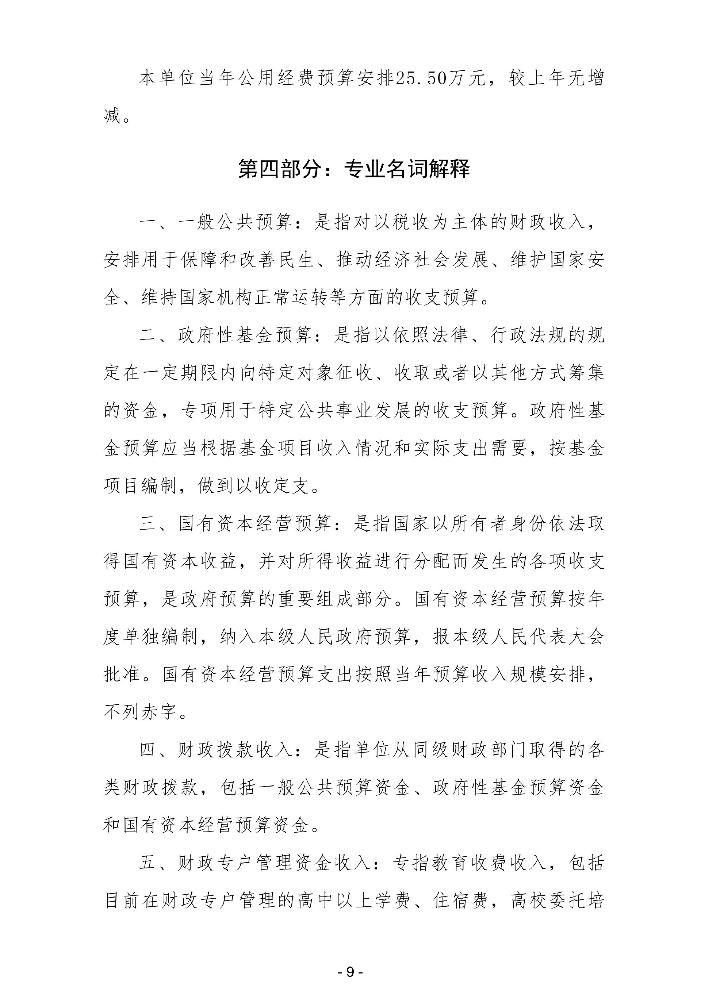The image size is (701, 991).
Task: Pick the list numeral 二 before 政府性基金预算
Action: pos(148,336)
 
